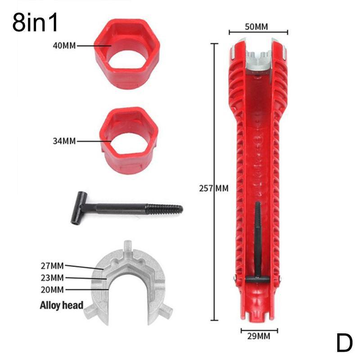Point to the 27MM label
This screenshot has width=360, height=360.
(51, 265)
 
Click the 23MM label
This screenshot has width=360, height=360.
(51, 277)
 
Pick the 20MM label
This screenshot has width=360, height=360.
(51, 289)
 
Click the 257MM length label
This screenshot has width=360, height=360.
(214, 188)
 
